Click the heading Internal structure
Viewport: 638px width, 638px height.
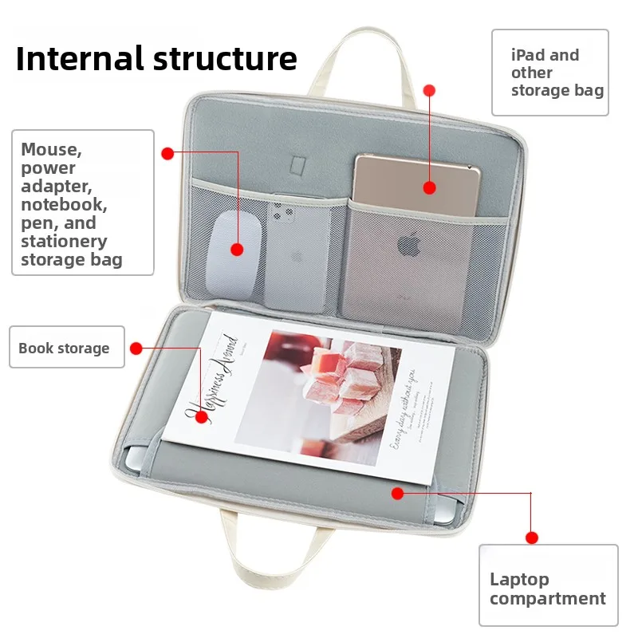(x=156, y=58)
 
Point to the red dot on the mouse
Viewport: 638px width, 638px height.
(x=237, y=250)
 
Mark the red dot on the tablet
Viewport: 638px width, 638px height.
(x=429, y=188)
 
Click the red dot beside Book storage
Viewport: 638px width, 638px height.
(x=136, y=349)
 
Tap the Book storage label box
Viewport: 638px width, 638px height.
(x=67, y=348)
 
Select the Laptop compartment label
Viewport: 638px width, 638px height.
(x=547, y=589)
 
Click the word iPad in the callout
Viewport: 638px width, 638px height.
(x=529, y=55)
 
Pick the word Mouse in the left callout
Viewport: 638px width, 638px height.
(x=51, y=149)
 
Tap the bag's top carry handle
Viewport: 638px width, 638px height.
(x=362, y=56)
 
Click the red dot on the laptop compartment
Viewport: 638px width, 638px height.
(x=397, y=494)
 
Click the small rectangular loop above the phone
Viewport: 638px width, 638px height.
(x=298, y=163)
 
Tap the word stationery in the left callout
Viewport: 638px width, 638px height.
(x=64, y=241)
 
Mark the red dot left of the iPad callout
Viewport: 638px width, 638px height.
(x=429, y=91)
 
